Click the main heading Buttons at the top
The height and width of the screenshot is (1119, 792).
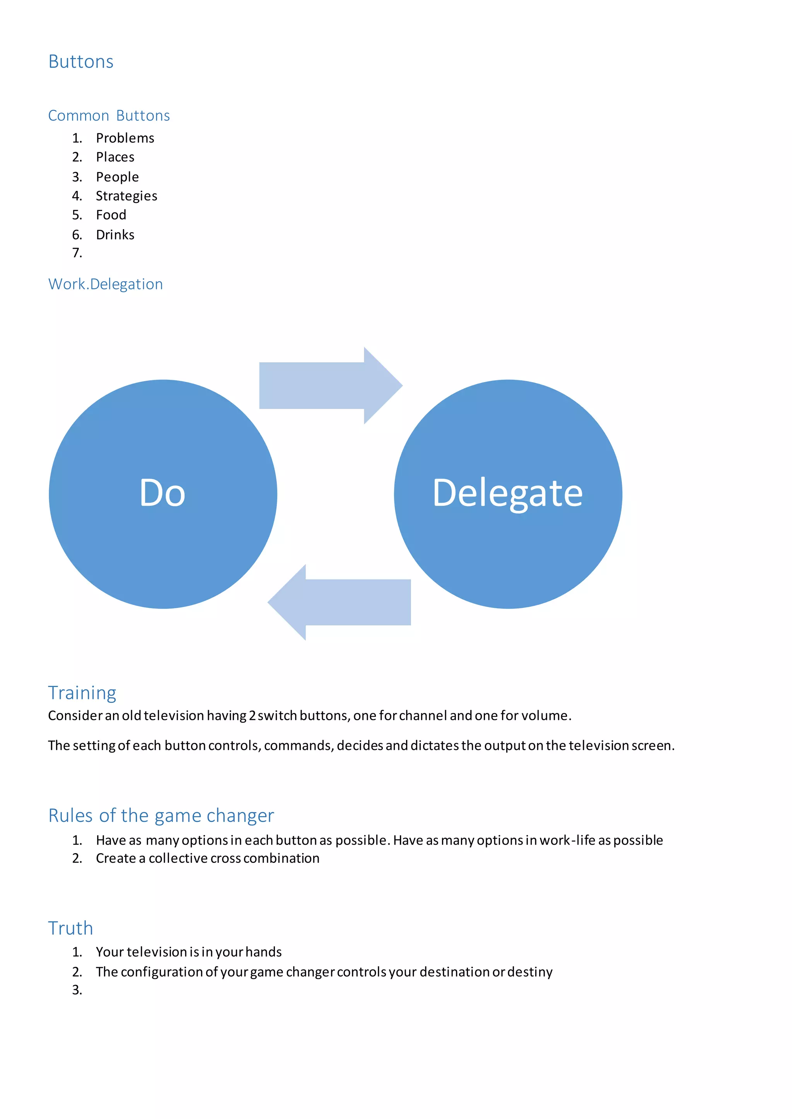coord(81,62)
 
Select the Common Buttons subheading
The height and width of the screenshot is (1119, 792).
coord(109,116)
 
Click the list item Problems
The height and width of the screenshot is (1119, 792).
coord(125,138)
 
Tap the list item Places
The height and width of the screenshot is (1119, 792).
coord(115,157)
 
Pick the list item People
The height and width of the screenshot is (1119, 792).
coord(117,177)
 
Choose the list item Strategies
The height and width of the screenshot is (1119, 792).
coord(126,196)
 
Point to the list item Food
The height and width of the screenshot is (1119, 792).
coord(111,215)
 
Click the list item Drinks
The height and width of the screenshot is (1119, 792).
coord(115,235)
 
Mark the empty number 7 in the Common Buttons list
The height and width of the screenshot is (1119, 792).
coord(77,253)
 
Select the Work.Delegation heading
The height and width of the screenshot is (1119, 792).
coord(105,284)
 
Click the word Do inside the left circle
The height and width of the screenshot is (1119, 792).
coord(162,493)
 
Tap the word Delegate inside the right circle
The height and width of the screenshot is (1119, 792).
coord(508,493)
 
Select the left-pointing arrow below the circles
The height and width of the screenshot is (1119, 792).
coord(340,602)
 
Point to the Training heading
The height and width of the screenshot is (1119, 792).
coord(82,692)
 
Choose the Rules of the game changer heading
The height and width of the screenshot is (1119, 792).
coord(161,815)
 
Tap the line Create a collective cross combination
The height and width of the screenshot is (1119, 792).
coord(207,858)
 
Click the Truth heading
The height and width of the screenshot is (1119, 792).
coord(70,928)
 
